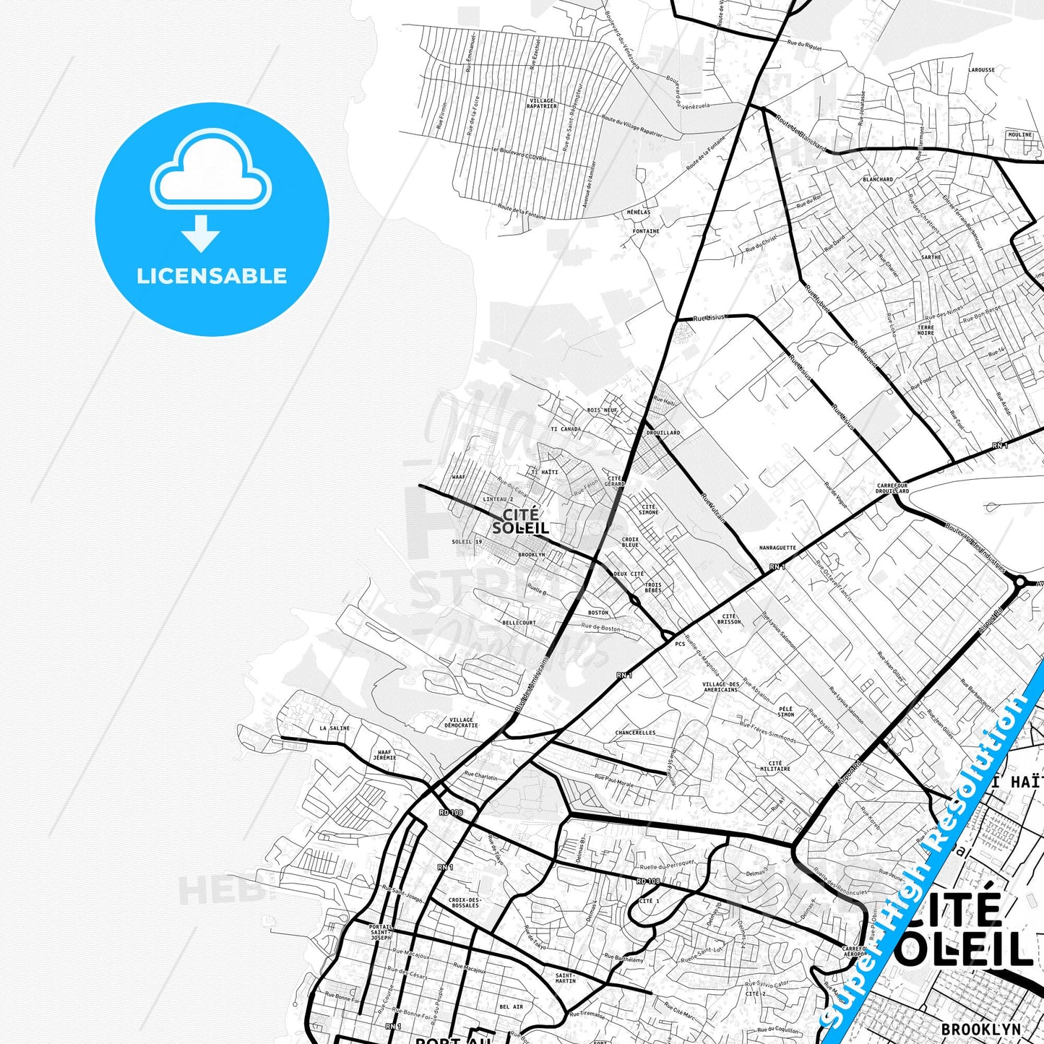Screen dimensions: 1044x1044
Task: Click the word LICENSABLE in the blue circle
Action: point(212,276)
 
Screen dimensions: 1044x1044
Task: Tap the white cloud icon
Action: point(211,173)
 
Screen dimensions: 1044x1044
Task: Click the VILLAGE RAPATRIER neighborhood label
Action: point(543,103)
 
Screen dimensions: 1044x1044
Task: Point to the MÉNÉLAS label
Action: point(639,212)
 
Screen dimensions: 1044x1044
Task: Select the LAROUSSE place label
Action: point(982,70)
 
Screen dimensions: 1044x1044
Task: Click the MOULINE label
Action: point(1019,134)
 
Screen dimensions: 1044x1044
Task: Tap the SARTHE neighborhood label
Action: point(931,257)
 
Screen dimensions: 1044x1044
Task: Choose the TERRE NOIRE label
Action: point(926,330)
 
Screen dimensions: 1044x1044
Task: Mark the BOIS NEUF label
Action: point(603,410)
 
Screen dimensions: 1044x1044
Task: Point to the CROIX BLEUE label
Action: point(630,542)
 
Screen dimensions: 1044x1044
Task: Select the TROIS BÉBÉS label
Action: point(652,587)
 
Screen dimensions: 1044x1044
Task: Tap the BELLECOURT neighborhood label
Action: point(519,622)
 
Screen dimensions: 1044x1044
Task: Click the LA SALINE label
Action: point(335,728)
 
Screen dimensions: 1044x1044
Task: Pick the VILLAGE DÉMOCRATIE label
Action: point(462,722)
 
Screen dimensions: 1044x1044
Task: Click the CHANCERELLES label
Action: point(635,733)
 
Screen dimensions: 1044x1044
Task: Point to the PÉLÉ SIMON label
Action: point(786,712)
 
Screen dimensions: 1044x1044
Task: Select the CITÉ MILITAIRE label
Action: point(775,766)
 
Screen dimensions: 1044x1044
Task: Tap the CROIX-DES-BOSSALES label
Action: point(463,902)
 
